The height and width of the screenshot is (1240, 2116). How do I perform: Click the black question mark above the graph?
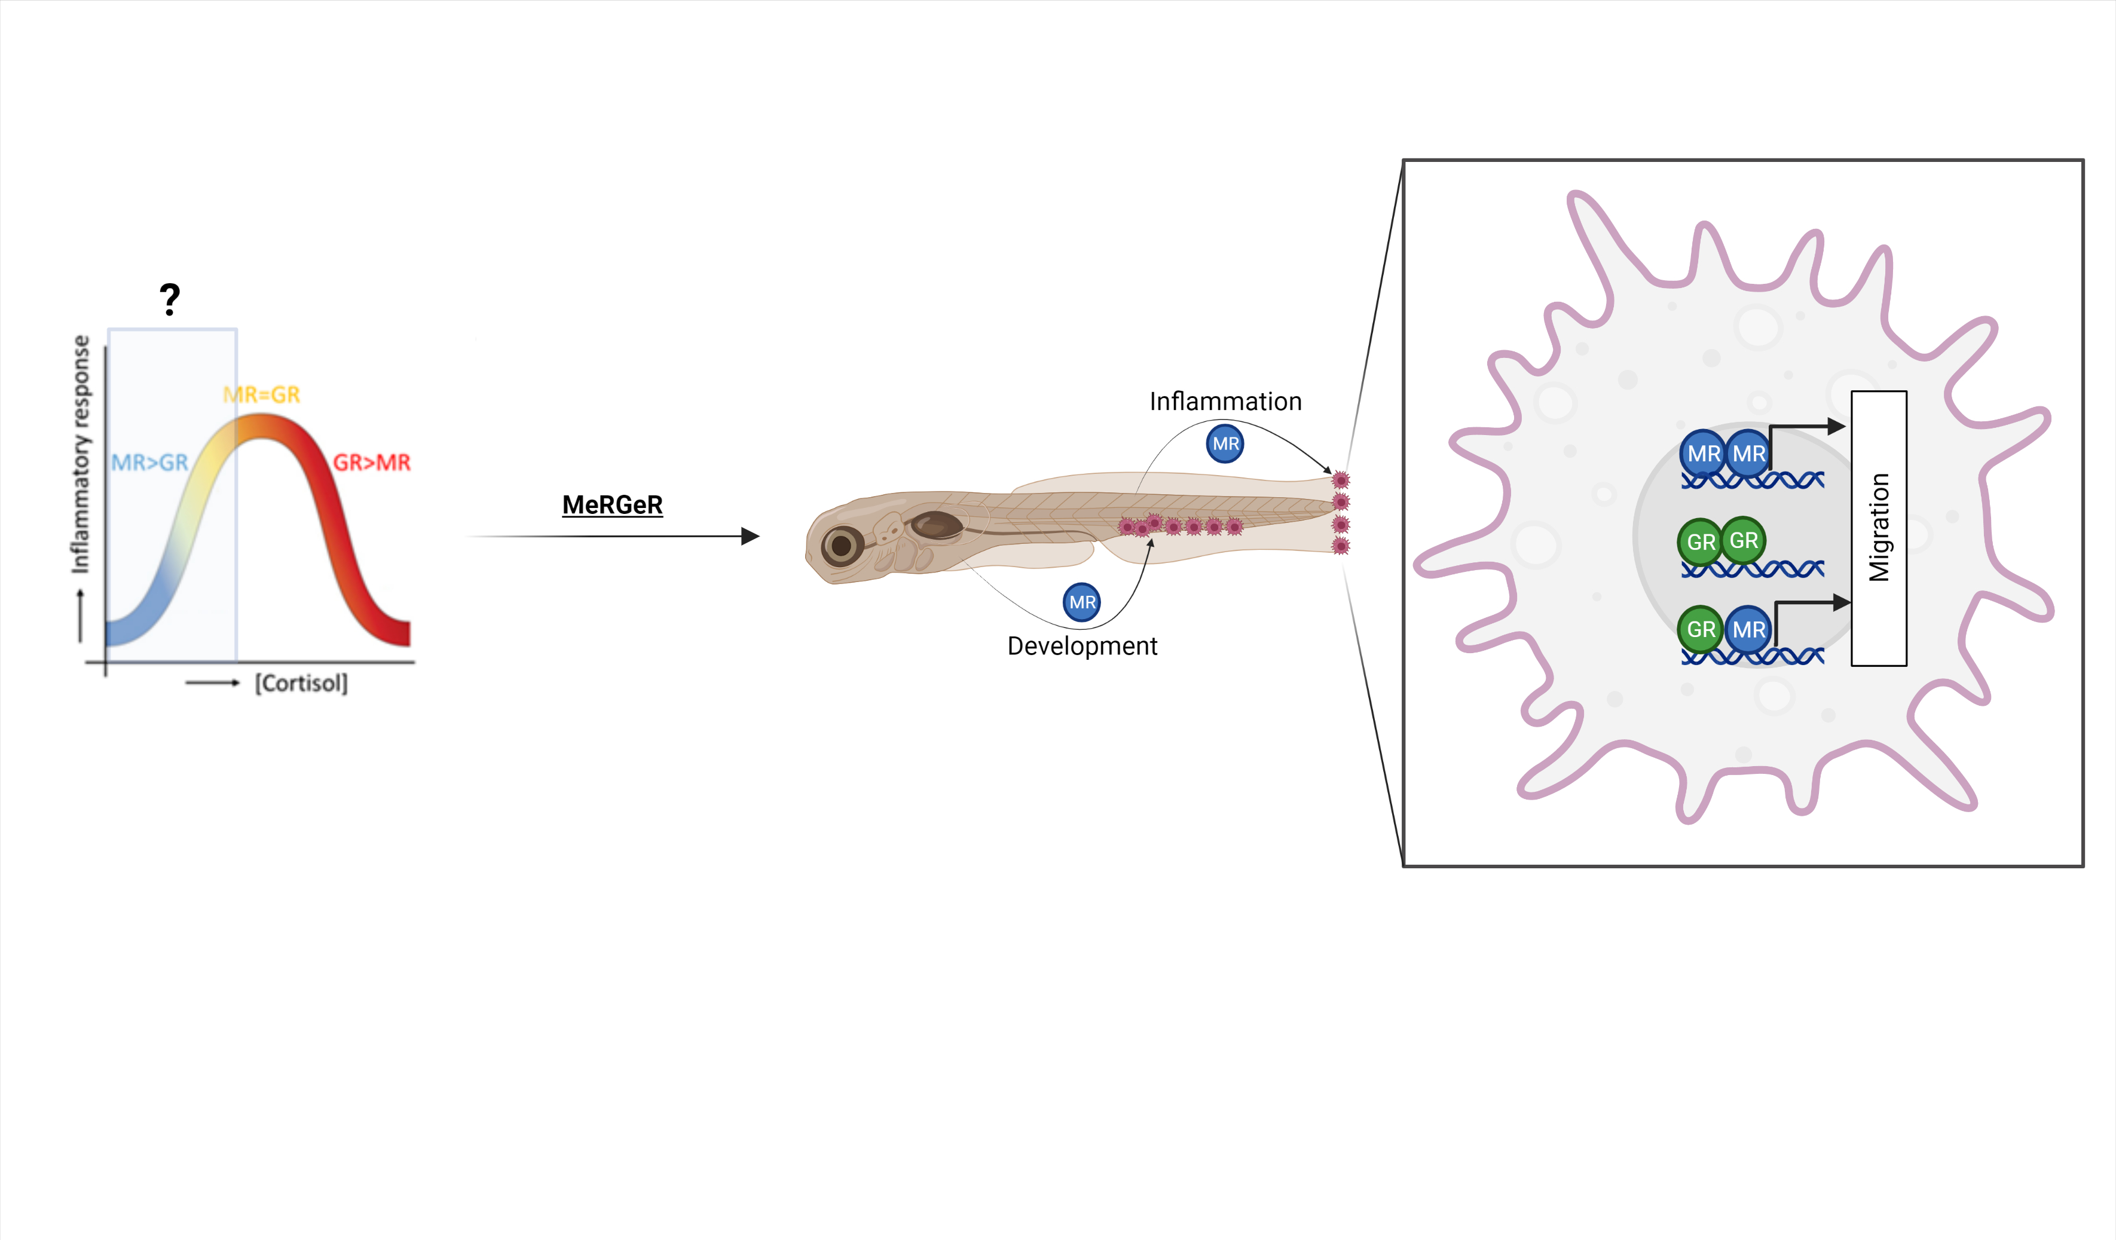point(170,299)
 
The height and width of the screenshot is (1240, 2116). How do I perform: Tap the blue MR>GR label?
point(149,463)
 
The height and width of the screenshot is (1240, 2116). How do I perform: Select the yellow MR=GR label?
point(261,394)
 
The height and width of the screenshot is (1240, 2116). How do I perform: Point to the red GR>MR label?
point(372,463)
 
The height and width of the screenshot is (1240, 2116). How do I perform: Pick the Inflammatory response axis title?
point(81,454)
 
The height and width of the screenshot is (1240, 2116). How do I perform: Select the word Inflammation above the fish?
point(1225,402)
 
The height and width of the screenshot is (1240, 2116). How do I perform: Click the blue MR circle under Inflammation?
point(1225,443)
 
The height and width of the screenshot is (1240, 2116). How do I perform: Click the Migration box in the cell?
point(1878,528)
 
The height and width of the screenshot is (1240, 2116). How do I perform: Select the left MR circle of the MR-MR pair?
point(1703,454)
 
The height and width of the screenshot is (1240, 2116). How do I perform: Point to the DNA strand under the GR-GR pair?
point(1753,570)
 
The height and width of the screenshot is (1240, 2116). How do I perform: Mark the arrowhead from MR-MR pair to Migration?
point(1836,427)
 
